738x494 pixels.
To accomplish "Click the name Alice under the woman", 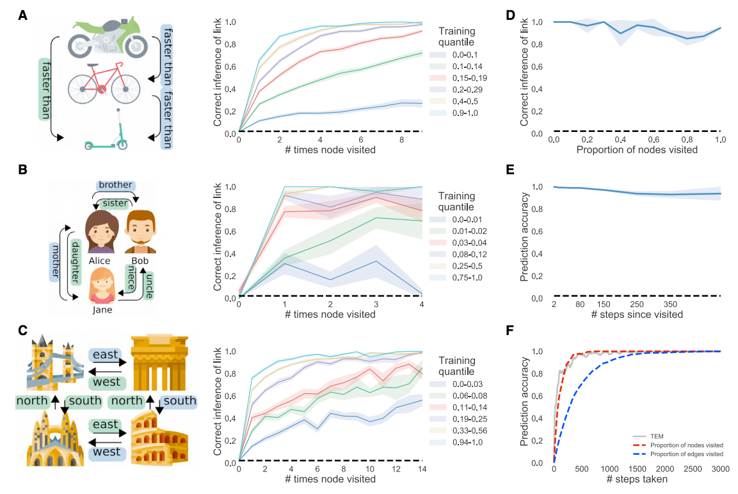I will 100,261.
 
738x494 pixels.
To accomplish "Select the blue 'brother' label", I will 116,185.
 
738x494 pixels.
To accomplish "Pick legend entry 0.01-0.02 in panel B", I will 461,232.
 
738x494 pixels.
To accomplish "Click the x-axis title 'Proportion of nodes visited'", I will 638,151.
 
